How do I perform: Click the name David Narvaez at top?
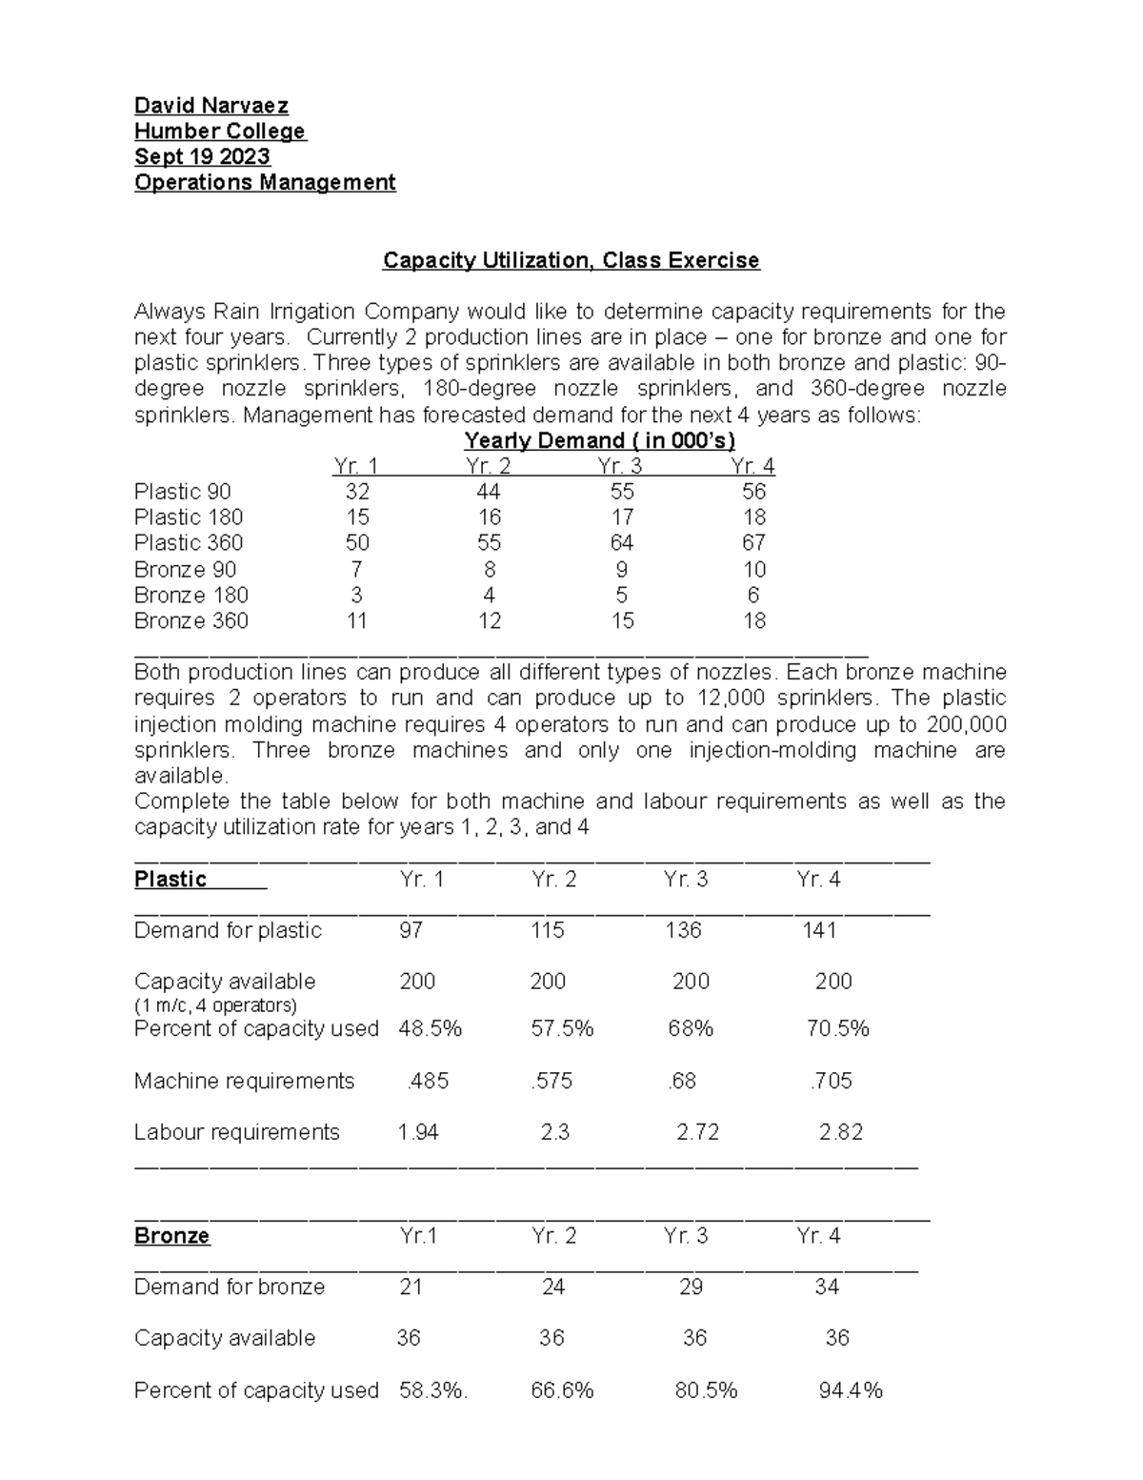coord(211,105)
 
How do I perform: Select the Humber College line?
coord(220,131)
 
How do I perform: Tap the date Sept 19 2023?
coord(202,156)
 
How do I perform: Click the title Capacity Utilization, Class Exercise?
coord(571,260)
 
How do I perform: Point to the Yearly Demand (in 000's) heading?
coord(599,440)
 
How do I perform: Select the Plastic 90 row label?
coord(182,492)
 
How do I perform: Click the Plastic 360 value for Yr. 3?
coord(621,543)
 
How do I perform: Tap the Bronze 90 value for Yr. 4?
coord(754,570)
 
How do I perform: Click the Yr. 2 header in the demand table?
coord(488,466)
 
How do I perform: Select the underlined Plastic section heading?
coord(170,879)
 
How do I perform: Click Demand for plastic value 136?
coord(683,930)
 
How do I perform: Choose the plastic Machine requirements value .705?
coord(831,1081)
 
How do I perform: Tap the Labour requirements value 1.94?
coord(417,1132)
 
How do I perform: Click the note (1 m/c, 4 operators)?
coord(215,1005)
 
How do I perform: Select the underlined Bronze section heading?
coord(171,1236)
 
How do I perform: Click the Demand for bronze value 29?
coord(691,1287)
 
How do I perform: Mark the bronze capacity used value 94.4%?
coord(851,1390)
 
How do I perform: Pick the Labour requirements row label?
coord(236,1132)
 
